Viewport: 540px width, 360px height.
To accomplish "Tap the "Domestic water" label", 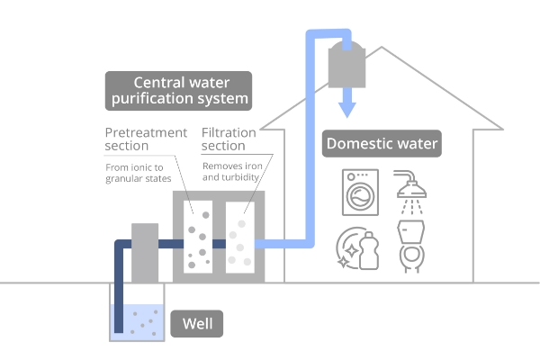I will point(382,144).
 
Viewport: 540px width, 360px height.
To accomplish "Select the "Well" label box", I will point(196,323).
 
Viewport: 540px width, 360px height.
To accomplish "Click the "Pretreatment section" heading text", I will point(146,139).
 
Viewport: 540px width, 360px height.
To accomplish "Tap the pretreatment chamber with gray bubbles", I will point(198,237).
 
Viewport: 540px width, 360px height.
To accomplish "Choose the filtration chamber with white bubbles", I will point(238,237).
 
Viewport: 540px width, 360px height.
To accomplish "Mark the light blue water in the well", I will point(136,323).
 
